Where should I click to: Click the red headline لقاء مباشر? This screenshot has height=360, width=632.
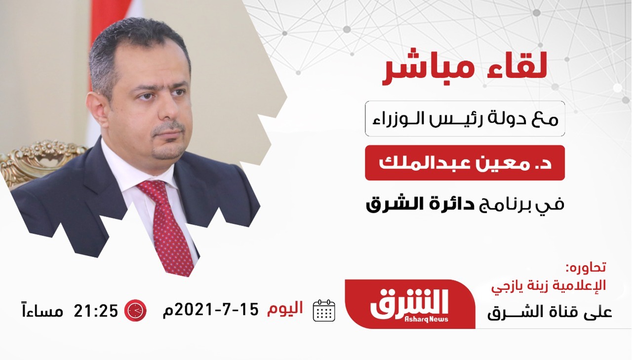pos(464,66)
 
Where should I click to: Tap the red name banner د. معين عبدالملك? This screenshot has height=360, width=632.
pos(465,163)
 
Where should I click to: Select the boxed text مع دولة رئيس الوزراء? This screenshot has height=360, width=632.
pos(465,119)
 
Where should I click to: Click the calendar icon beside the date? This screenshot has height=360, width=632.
pos(324,310)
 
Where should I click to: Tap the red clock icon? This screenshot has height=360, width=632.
pos(135,310)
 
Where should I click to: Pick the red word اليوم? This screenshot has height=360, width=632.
pos(285,308)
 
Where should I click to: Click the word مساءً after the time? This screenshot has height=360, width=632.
pos(42,311)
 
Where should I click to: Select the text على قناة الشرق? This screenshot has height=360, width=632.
pos(550,313)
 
